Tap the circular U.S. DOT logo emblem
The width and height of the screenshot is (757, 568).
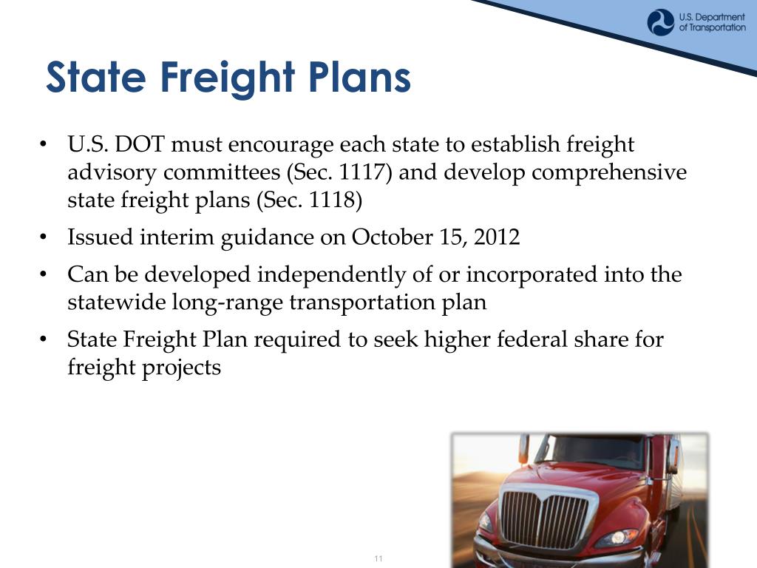click(x=660, y=22)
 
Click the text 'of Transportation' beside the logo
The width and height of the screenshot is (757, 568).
click(x=712, y=28)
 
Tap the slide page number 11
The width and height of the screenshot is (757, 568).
click(x=378, y=558)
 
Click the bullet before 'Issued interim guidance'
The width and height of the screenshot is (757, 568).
click(x=44, y=238)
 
